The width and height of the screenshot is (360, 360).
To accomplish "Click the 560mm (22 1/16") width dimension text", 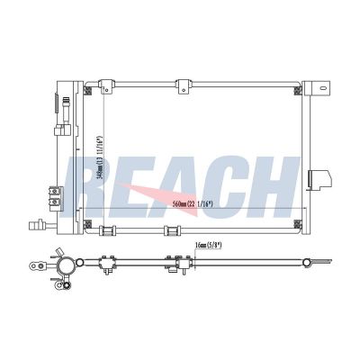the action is point(193,204).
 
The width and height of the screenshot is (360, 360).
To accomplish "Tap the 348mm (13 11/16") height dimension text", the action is point(100,157).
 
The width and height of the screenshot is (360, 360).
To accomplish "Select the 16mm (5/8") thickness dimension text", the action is point(208,246).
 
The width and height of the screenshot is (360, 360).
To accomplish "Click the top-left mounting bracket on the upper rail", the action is point(106,86).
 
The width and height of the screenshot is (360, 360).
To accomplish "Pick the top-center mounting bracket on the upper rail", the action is point(183,86).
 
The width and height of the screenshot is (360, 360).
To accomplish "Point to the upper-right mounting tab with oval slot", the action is point(320,88).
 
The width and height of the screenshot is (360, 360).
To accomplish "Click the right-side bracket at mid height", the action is point(319,180).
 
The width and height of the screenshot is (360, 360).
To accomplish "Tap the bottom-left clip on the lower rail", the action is point(107,230).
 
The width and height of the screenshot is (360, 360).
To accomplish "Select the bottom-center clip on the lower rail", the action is point(172,230).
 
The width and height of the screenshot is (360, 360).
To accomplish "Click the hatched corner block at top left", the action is point(87,90).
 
